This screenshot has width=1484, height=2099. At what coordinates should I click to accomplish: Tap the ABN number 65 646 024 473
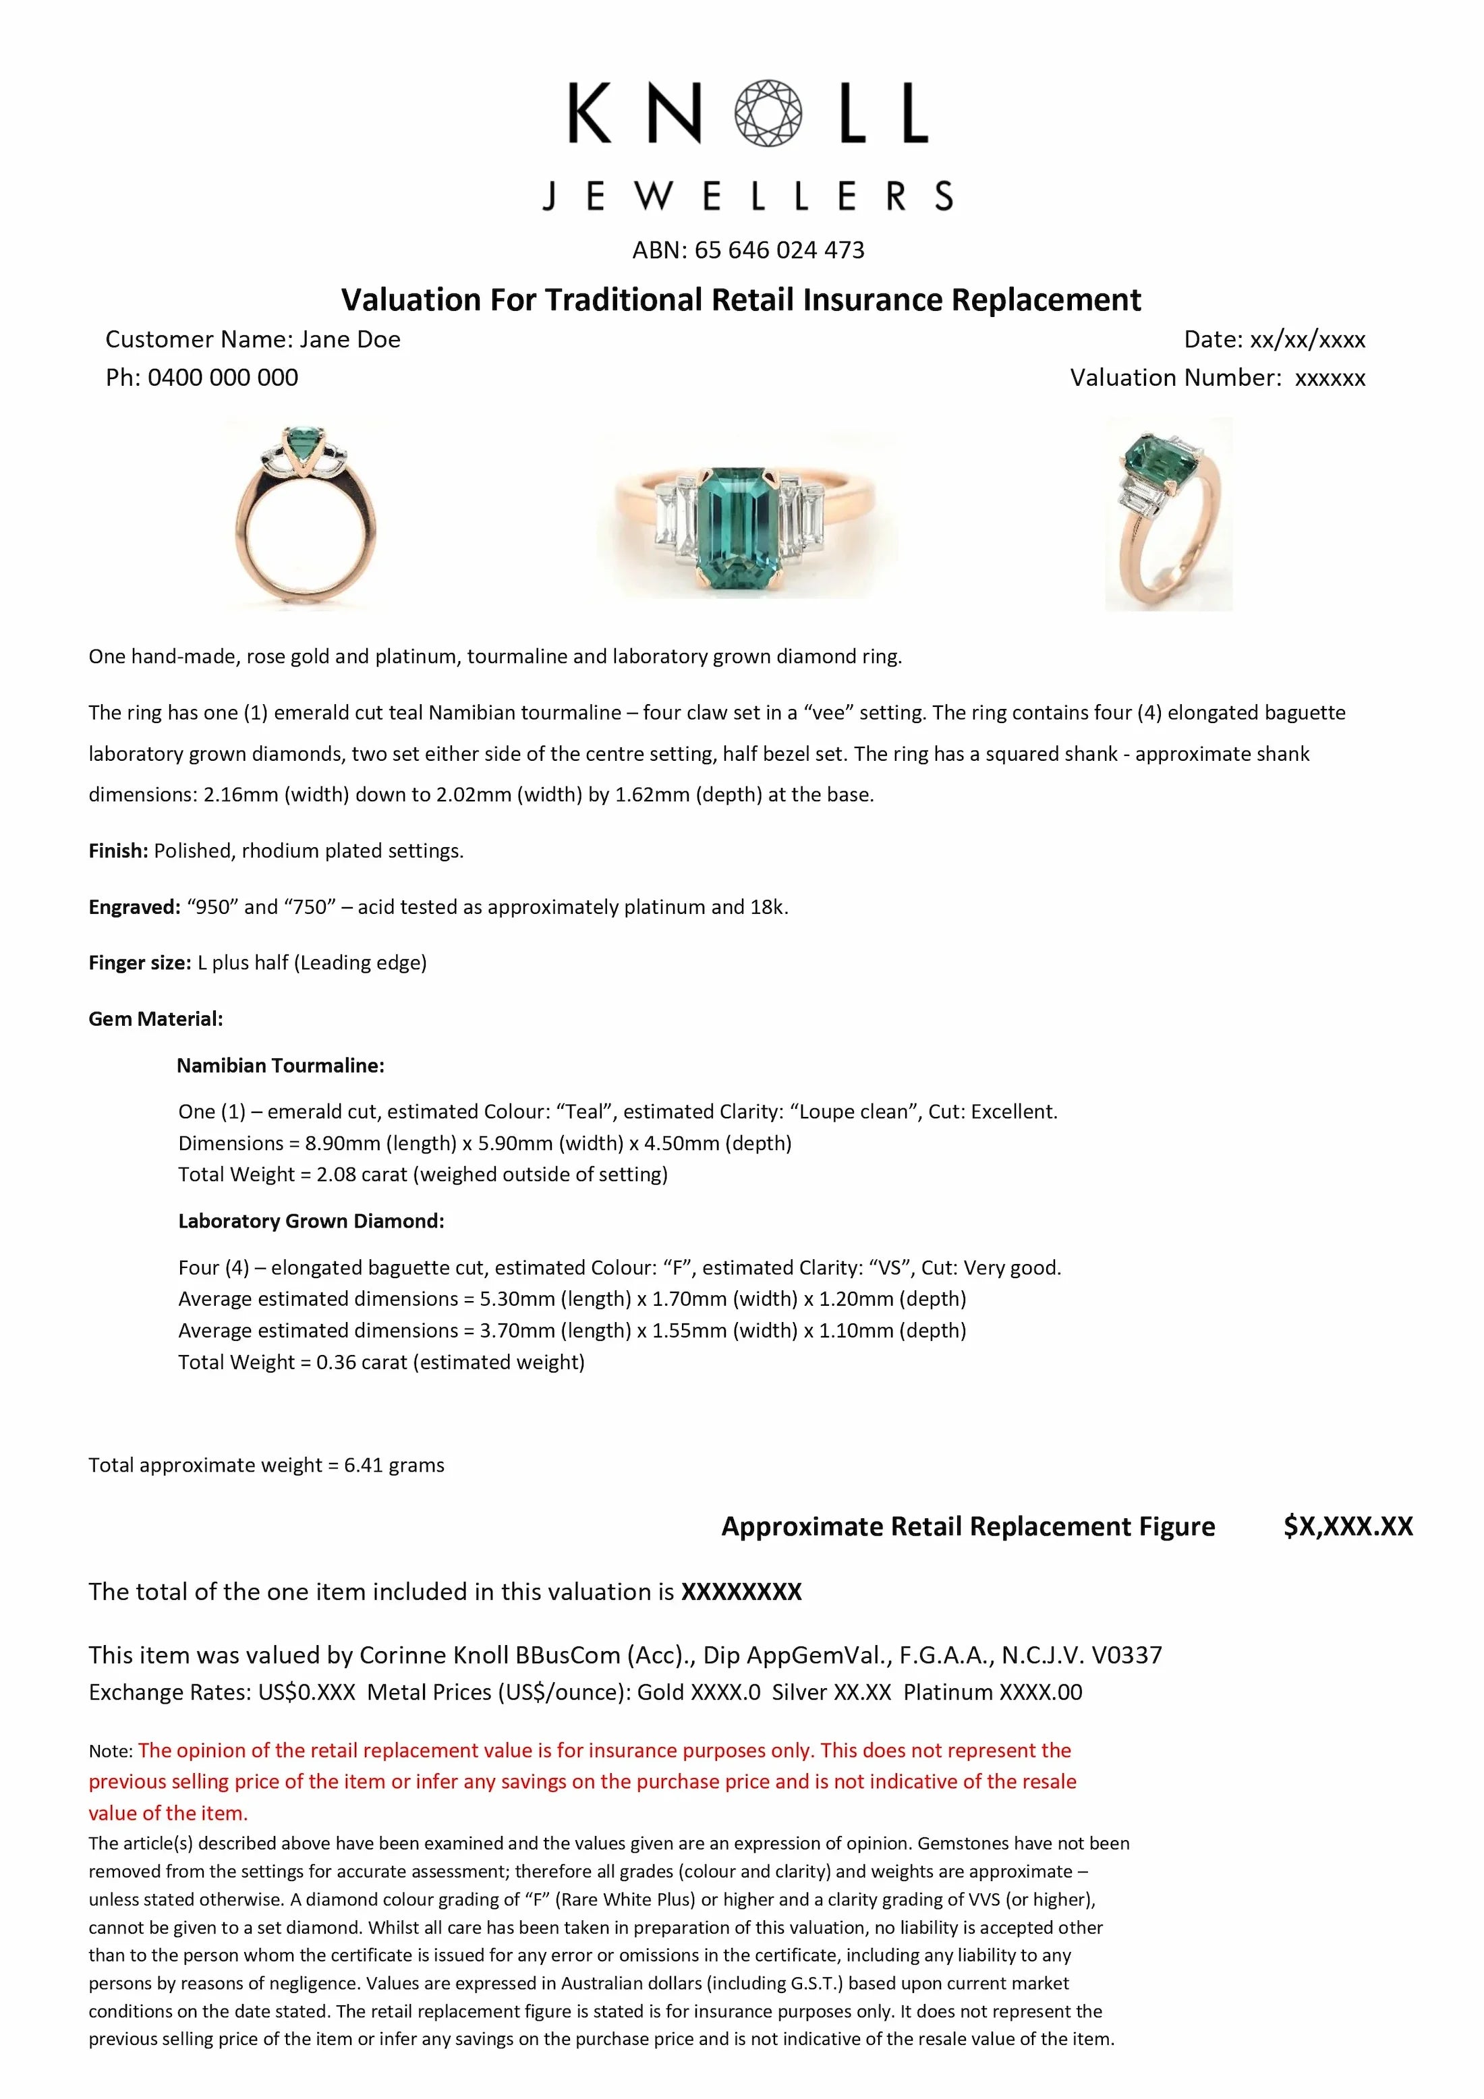(779, 250)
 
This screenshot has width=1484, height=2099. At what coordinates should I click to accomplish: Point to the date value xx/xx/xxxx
(1307, 339)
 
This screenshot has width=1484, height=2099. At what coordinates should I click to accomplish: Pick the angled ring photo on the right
(1168, 514)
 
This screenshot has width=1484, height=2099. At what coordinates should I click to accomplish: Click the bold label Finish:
(118, 851)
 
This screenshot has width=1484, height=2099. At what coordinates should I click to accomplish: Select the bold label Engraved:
(134, 907)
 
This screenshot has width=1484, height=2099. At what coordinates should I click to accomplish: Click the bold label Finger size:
(140, 962)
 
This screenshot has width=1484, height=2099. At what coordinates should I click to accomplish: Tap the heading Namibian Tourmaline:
(280, 1065)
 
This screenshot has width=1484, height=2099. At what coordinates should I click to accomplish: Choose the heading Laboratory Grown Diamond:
(311, 1221)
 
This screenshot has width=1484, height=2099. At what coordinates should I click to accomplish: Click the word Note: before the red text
(111, 1752)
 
